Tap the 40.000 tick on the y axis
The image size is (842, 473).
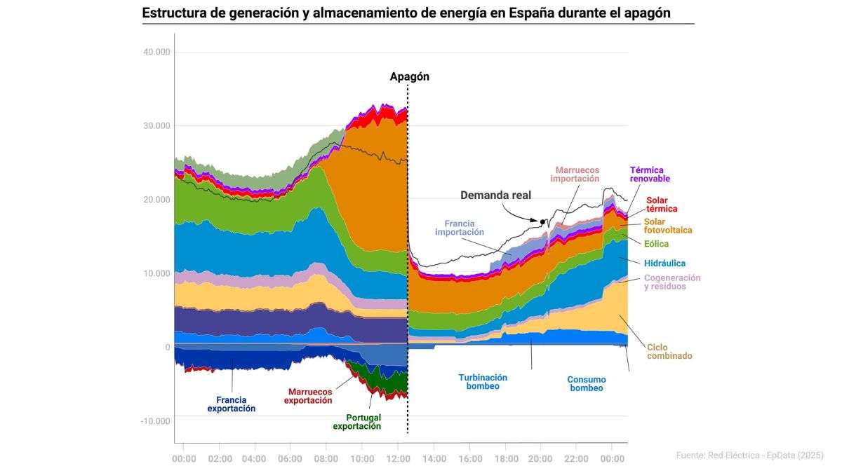click(156, 52)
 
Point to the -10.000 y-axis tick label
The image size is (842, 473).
click(155, 421)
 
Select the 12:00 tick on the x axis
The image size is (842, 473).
click(398, 458)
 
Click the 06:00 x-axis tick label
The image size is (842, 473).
click(290, 458)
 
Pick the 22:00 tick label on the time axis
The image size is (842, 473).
click(576, 458)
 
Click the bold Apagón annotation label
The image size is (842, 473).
click(410, 77)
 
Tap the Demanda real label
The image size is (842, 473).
click(495, 196)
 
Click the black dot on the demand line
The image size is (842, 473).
click(542, 222)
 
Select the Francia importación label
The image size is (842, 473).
click(460, 227)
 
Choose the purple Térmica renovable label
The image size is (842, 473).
click(650, 174)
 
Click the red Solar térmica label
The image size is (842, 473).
click(662, 205)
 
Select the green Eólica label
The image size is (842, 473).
click(657, 244)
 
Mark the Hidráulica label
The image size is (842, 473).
click(664, 263)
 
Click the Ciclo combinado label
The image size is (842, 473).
click(669, 351)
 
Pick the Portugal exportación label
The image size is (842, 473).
click(357, 422)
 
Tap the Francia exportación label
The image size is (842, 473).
click(232, 404)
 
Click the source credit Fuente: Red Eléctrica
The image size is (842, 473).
click(749, 455)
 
